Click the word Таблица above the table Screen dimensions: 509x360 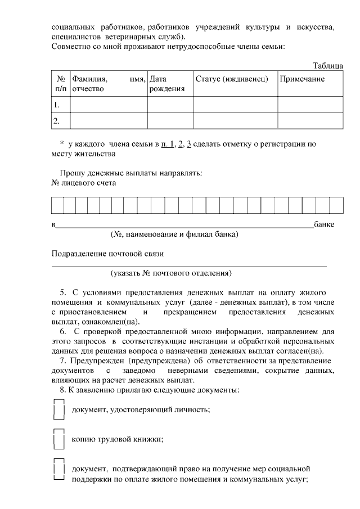(x=328, y=66)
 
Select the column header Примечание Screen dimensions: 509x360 (x=302, y=79)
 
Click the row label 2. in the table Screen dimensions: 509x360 (x=56, y=120)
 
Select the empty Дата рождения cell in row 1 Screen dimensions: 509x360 (x=170, y=105)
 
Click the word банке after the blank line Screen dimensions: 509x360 (x=325, y=225)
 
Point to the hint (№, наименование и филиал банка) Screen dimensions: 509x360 (x=174, y=234)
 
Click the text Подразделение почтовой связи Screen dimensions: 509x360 (x=107, y=254)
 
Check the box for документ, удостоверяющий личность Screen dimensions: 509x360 (x=58, y=409)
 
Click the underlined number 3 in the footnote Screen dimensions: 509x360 (x=190, y=144)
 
